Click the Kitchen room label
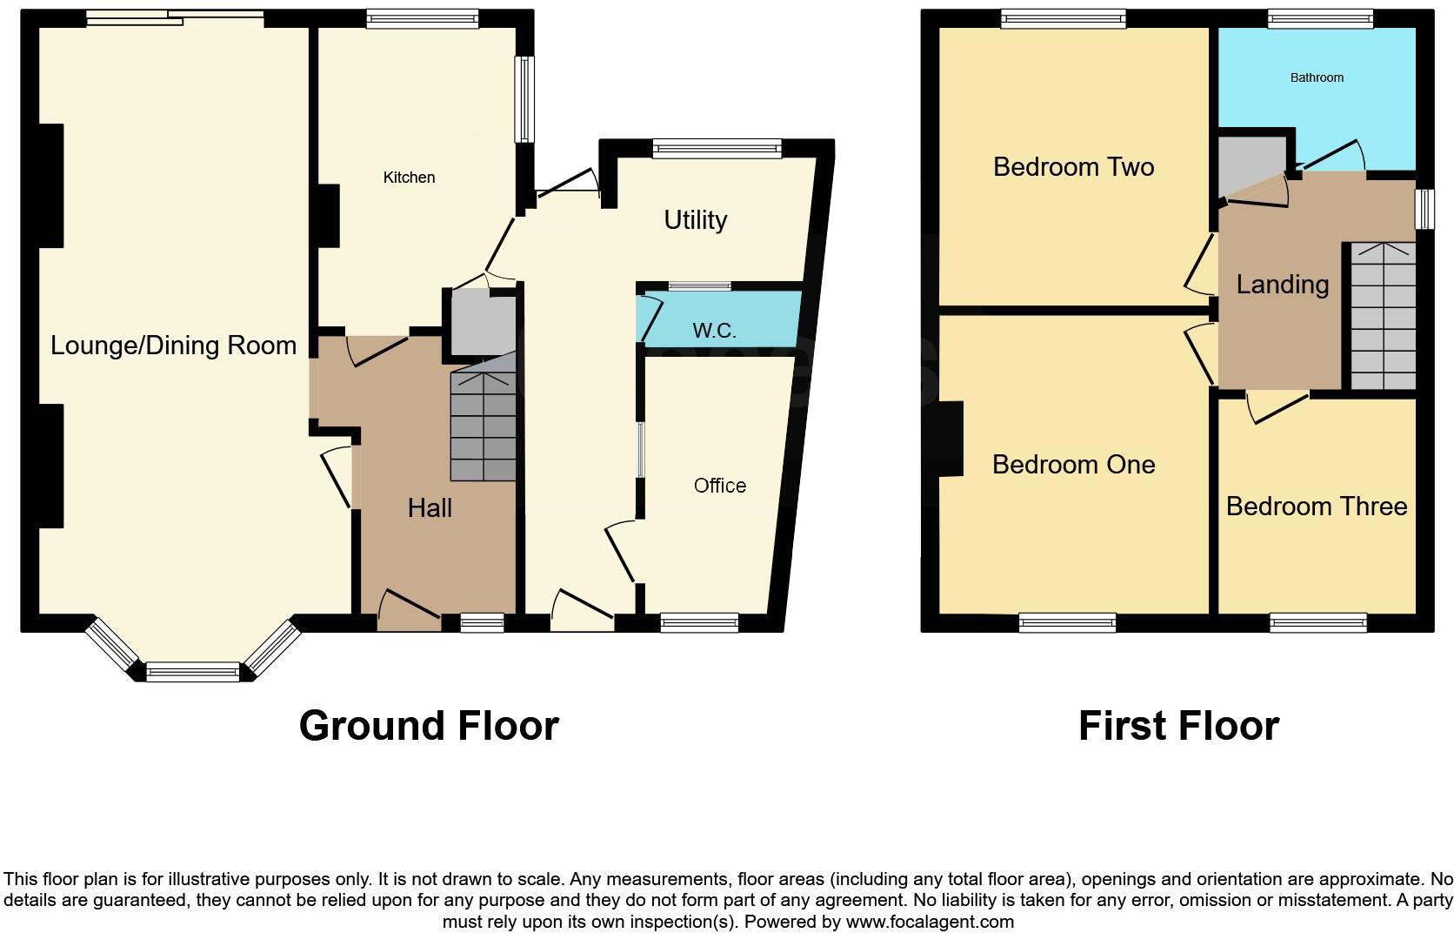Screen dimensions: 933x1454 click(409, 178)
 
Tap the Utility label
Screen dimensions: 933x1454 click(695, 220)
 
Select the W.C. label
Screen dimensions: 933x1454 click(714, 331)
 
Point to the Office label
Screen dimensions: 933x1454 click(719, 486)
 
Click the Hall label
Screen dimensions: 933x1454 click(430, 508)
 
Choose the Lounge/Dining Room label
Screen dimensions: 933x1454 click(173, 346)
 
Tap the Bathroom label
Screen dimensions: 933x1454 click(1317, 77)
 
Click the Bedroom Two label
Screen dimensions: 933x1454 click(1073, 166)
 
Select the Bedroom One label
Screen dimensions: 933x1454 click(1073, 465)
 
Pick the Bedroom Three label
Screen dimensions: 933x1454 click(1316, 507)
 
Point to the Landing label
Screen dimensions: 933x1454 click(1282, 285)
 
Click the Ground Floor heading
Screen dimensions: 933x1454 click(429, 726)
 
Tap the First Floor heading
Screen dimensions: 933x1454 click(1178, 726)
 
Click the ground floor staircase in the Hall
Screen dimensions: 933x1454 click(483, 426)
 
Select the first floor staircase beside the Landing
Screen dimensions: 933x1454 click(1383, 318)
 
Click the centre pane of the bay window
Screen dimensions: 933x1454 click(192, 671)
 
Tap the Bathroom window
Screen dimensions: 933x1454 click(1320, 19)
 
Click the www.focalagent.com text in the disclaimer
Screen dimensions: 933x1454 click(930, 922)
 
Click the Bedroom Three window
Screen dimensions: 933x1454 click(1317, 621)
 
